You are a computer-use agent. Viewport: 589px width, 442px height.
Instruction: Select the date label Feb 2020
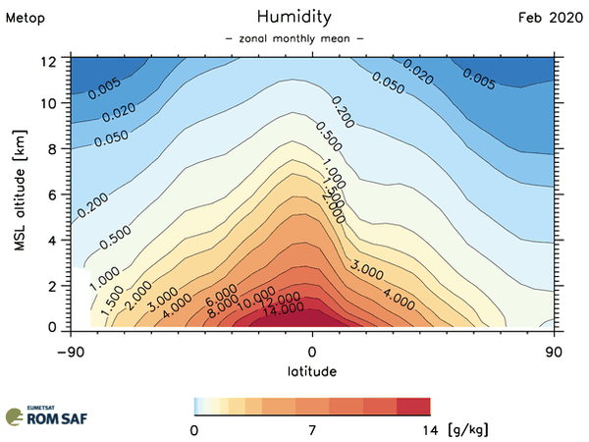[550, 18]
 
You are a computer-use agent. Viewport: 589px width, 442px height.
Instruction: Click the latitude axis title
[312, 371]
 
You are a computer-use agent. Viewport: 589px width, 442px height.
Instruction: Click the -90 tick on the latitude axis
[69, 351]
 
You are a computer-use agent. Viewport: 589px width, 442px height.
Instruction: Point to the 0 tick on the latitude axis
[312, 351]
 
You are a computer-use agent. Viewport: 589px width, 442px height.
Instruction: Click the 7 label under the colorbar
[312, 430]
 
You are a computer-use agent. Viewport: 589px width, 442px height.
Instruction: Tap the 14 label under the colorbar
[430, 430]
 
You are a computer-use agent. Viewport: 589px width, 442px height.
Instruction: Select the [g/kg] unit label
[467, 430]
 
